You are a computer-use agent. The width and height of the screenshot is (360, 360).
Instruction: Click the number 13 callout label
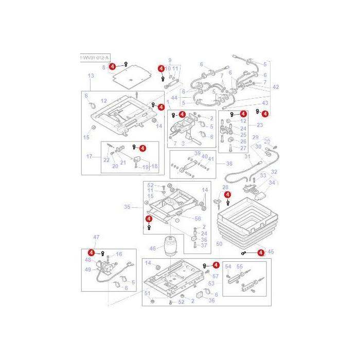(91, 76)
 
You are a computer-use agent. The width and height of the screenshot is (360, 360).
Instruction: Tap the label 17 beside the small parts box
(88, 156)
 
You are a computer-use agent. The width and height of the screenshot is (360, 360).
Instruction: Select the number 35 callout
(128, 208)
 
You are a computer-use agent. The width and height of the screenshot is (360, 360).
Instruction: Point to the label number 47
(96, 237)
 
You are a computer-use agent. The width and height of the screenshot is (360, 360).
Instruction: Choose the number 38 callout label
(229, 164)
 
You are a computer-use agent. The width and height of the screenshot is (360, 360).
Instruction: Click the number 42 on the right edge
(276, 87)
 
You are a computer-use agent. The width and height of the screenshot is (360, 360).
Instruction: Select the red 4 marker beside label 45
(261, 253)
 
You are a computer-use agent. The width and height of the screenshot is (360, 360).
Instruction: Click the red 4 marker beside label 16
(92, 253)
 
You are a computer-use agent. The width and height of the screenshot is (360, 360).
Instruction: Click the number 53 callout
(211, 283)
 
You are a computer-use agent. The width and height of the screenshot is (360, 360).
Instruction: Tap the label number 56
(198, 219)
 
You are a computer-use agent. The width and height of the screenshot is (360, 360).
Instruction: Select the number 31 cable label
(247, 157)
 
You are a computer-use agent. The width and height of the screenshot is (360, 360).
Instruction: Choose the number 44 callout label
(174, 98)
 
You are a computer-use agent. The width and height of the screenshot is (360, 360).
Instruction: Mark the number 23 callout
(260, 125)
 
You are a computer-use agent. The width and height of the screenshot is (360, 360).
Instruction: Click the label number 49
(88, 269)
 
